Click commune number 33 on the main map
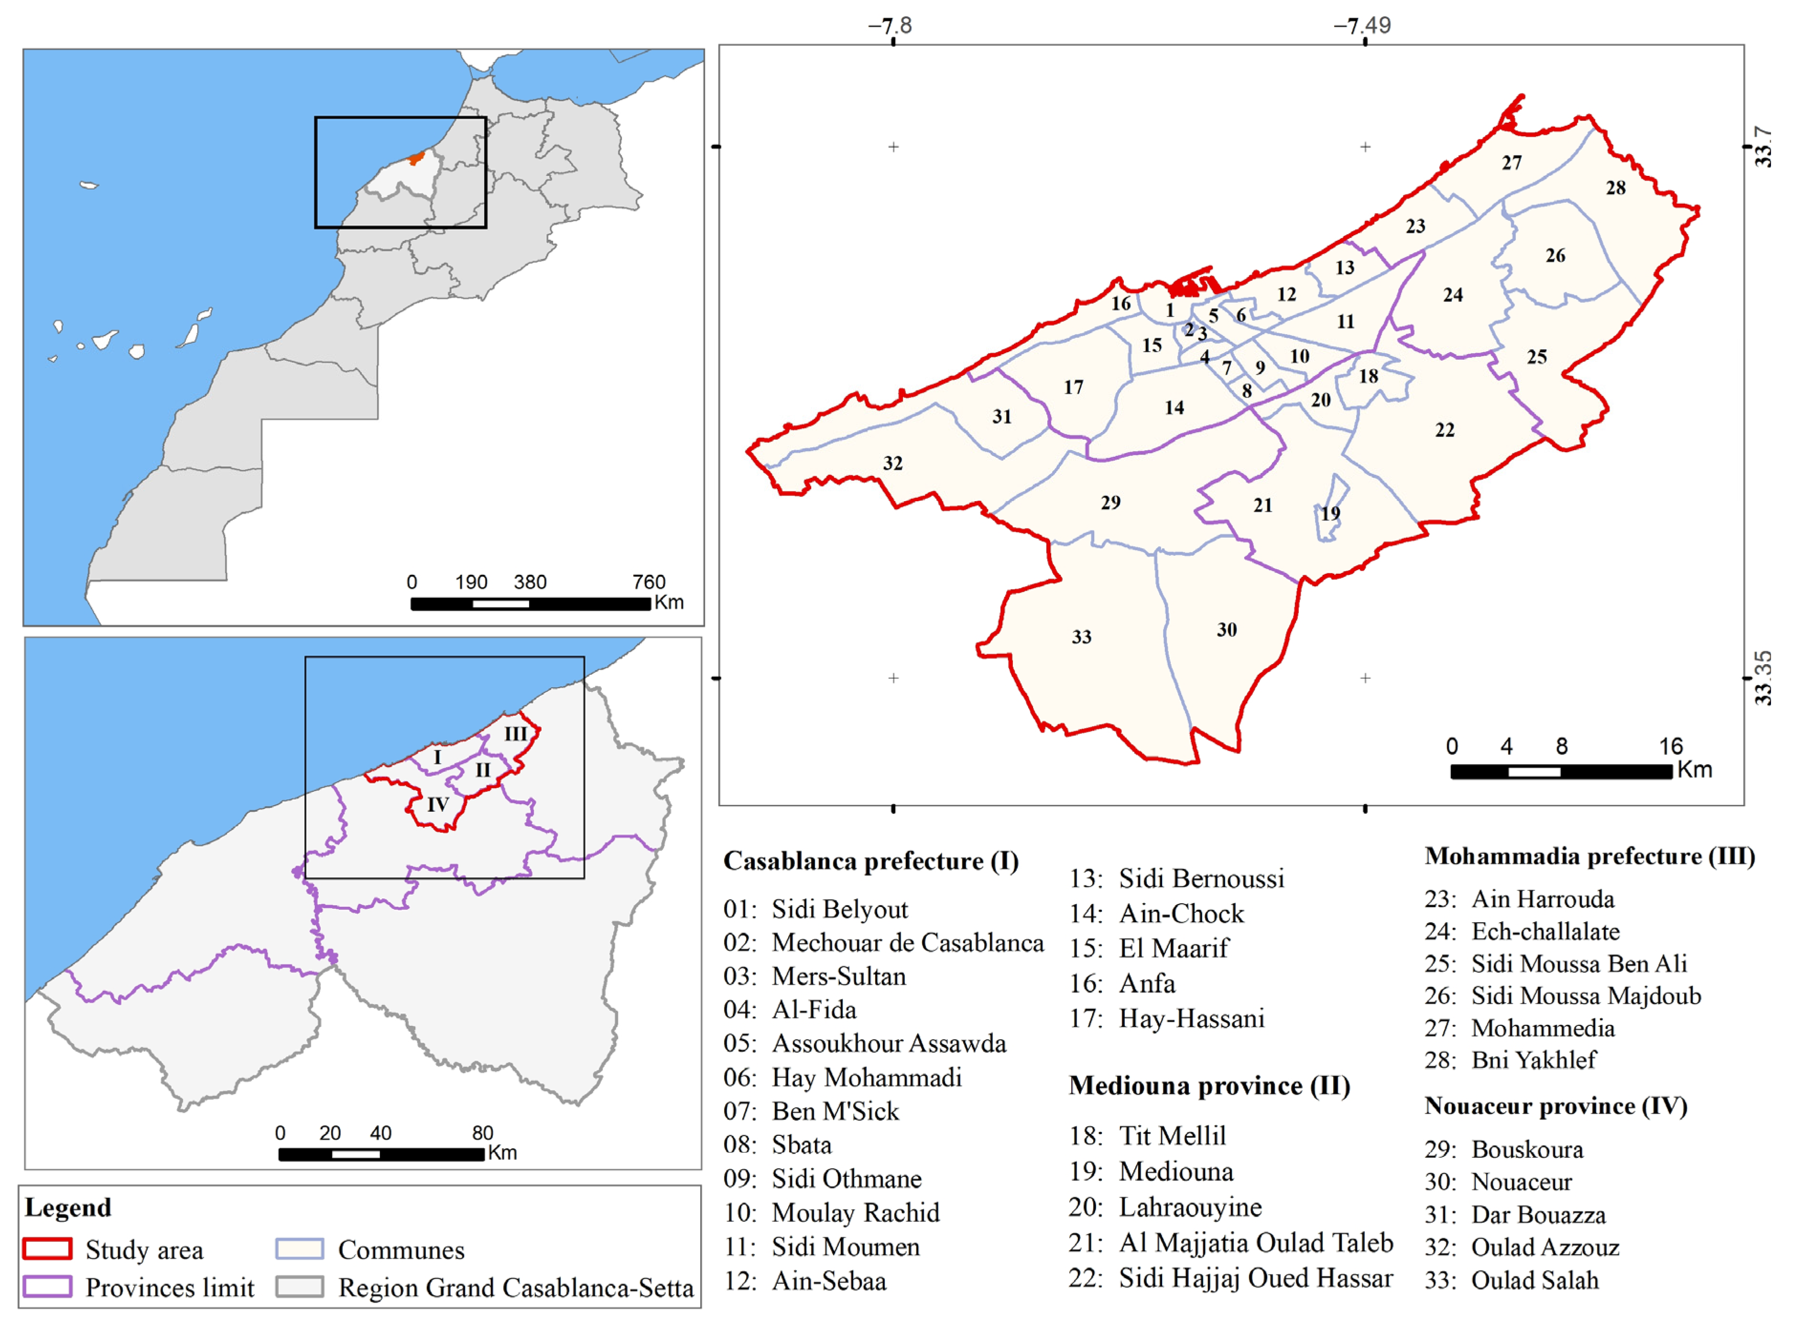tap(1081, 637)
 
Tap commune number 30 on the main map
tap(1226, 630)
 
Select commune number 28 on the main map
tap(1616, 188)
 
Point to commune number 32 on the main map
tap(892, 464)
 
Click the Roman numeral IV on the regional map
tap(437, 805)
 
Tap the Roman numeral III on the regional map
tap(515, 734)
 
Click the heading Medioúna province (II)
tap(1209, 1086)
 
